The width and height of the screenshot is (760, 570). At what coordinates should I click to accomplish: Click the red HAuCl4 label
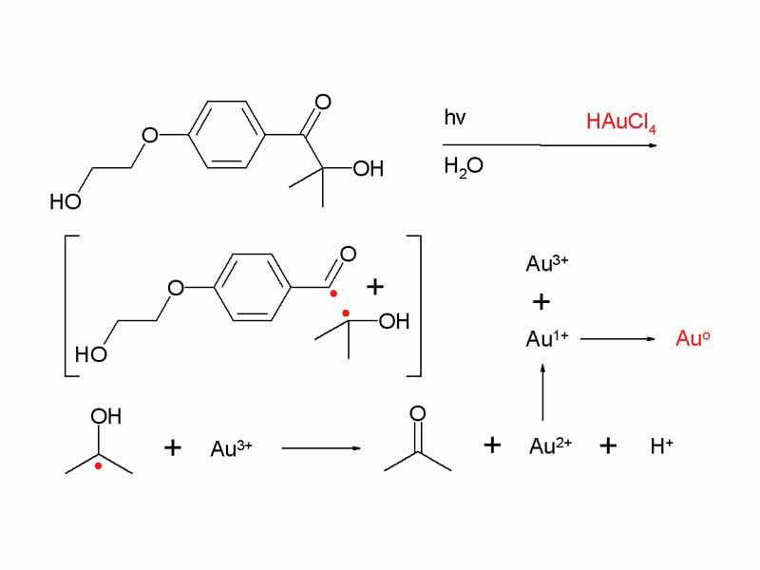[622, 123]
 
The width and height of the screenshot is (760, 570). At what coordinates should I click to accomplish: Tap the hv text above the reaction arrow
[455, 118]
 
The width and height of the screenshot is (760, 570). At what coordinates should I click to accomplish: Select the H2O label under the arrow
[463, 166]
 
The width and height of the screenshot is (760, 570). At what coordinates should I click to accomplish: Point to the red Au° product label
[693, 338]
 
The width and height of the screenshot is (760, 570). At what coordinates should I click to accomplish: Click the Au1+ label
[546, 338]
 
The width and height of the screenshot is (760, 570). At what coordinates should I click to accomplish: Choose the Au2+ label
[550, 446]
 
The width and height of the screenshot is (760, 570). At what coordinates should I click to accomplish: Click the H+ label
[662, 446]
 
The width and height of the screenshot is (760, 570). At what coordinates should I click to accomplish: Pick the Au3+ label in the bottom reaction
[231, 448]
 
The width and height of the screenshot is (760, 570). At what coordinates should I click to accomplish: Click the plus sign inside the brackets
[376, 286]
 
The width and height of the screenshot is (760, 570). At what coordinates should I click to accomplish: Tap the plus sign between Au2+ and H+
[609, 446]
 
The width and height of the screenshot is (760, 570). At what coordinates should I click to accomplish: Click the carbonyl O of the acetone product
[417, 414]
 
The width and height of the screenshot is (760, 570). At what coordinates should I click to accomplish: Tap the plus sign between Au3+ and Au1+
[541, 302]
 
